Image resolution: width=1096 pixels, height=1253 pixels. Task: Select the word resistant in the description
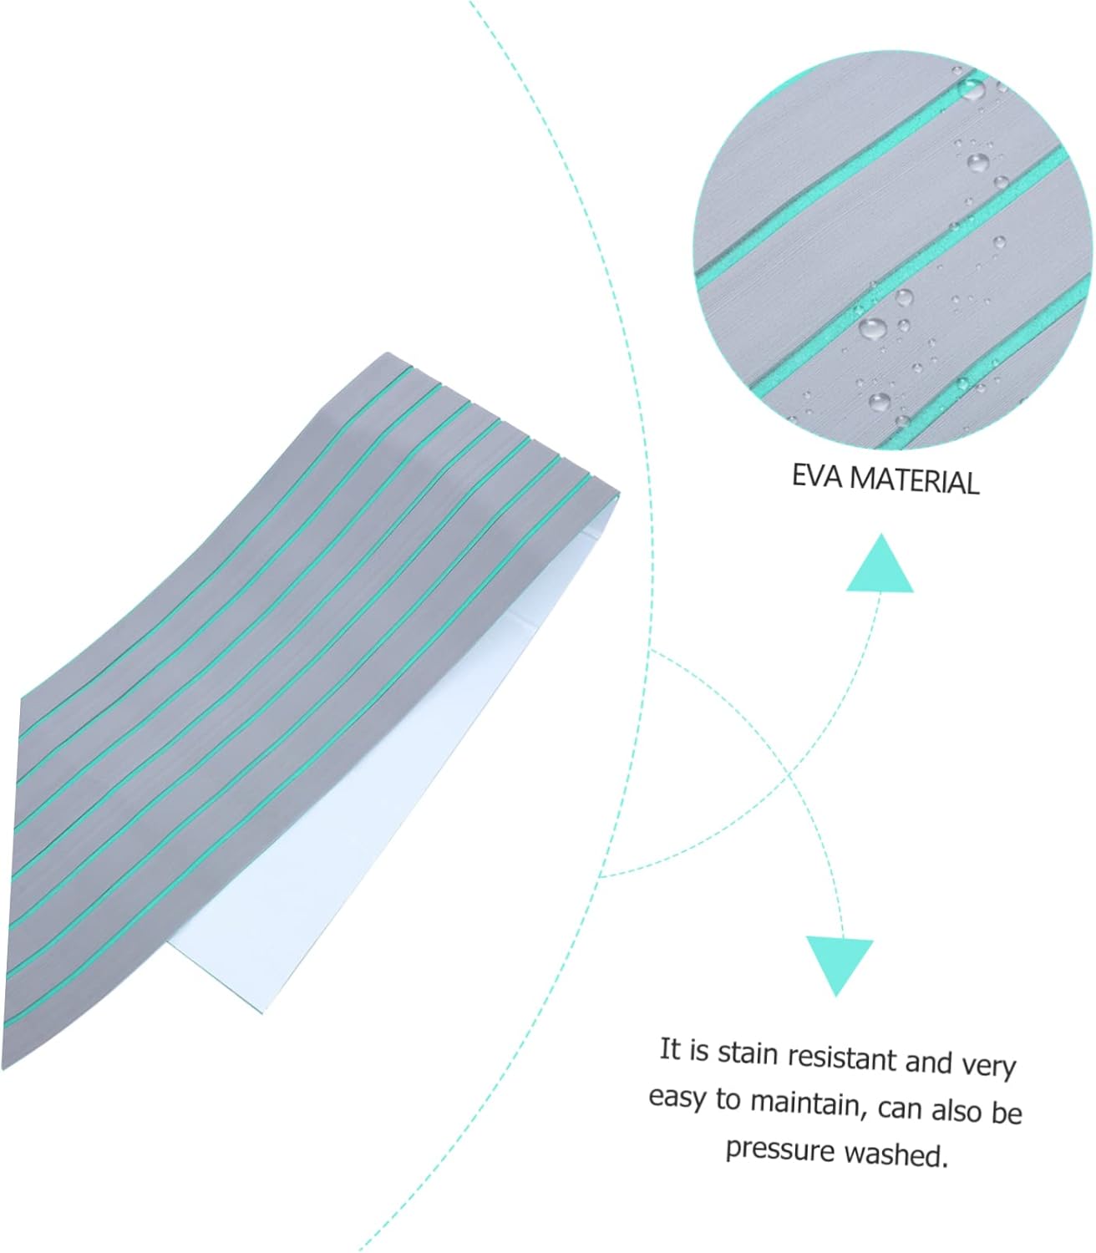(843, 1058)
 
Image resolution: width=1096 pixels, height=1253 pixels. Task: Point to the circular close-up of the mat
(894, 251)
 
